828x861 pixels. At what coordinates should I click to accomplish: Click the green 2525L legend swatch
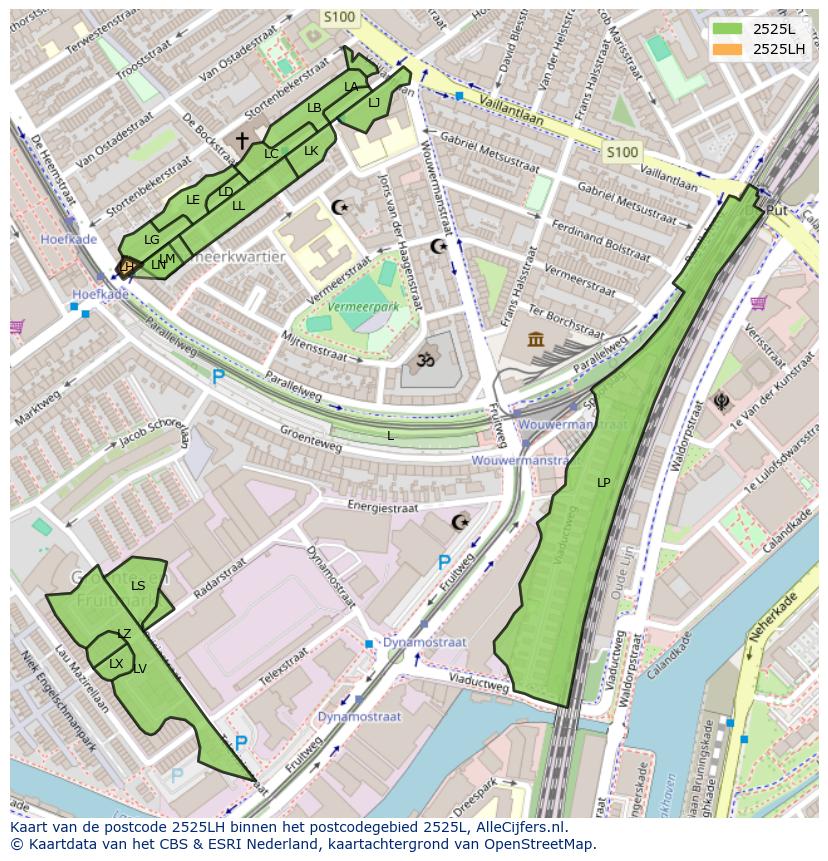(727, 29)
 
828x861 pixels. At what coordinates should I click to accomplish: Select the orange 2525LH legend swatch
(727, 49)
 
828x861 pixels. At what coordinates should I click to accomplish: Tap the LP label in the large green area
(603, 483)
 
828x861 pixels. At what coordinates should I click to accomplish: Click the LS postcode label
(138, 586)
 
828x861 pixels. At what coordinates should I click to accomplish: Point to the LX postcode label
(116, 664)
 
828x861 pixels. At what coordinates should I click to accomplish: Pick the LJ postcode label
(374, 102)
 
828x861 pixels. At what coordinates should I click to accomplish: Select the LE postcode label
(193, 200)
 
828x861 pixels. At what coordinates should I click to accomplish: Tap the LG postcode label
(152, 240)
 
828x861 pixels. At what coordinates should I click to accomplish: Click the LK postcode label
(311, 151)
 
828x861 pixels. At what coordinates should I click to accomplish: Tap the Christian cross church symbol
(242, 141)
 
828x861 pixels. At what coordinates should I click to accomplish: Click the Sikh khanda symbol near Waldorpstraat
(720, 402)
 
